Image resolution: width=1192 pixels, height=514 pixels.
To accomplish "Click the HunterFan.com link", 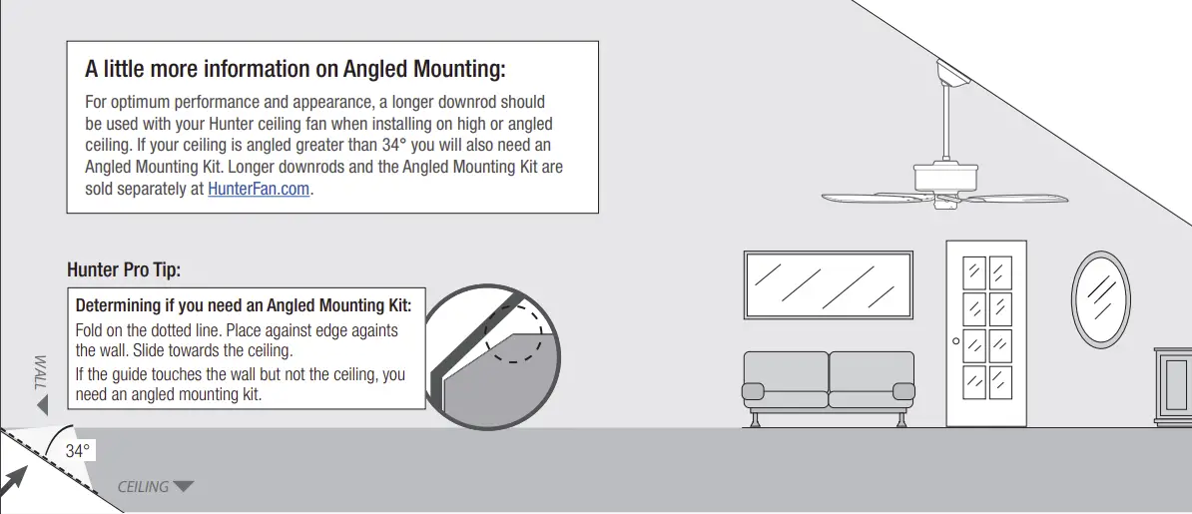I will tap(259, 189).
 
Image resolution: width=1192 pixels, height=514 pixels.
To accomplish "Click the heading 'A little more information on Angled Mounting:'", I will tap(296, 69).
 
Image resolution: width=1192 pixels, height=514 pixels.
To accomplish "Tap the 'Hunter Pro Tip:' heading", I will tap(124, 269).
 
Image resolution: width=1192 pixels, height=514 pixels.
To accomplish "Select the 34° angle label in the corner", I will tap(78, 451).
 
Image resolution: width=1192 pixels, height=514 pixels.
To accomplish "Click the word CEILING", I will tap(144, 487).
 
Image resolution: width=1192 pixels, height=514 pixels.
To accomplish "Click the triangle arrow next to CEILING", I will tap(183, 487).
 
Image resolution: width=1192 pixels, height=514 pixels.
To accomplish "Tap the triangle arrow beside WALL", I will tap(41, 405).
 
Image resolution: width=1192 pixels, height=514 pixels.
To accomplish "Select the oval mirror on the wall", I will tap(1100, 298).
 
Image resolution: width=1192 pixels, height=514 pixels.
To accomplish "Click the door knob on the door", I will tap(955, 341).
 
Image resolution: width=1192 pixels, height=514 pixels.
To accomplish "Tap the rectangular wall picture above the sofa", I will tap(828, 284).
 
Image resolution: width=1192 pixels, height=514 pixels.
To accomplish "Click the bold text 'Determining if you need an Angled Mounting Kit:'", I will tap(244, 305).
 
